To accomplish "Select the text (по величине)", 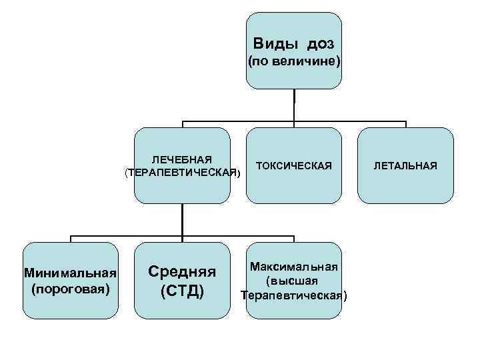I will coord(294,62).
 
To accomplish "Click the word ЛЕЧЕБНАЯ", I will coord(182,159).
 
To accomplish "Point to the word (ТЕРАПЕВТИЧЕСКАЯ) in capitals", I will coord(182,173).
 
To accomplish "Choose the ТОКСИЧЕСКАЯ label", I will coord(293,165).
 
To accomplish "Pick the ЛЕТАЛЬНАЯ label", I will coord(405,165).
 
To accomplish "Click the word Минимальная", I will coord(70,273).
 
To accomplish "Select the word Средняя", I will coord(182,271).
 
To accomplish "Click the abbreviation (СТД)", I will coord(182,292).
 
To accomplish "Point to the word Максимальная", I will coord(294,267).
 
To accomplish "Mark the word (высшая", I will coord(294,281).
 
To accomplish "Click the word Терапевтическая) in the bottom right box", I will coord(294,295).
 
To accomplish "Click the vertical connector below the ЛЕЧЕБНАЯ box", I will coord(182,220).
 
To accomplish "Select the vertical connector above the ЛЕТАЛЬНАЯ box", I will coord(405,125).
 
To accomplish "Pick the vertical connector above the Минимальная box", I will coord(70,240).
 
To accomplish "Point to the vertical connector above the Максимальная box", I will coord(294,240).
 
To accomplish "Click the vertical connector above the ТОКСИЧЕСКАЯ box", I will coord(294,125).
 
